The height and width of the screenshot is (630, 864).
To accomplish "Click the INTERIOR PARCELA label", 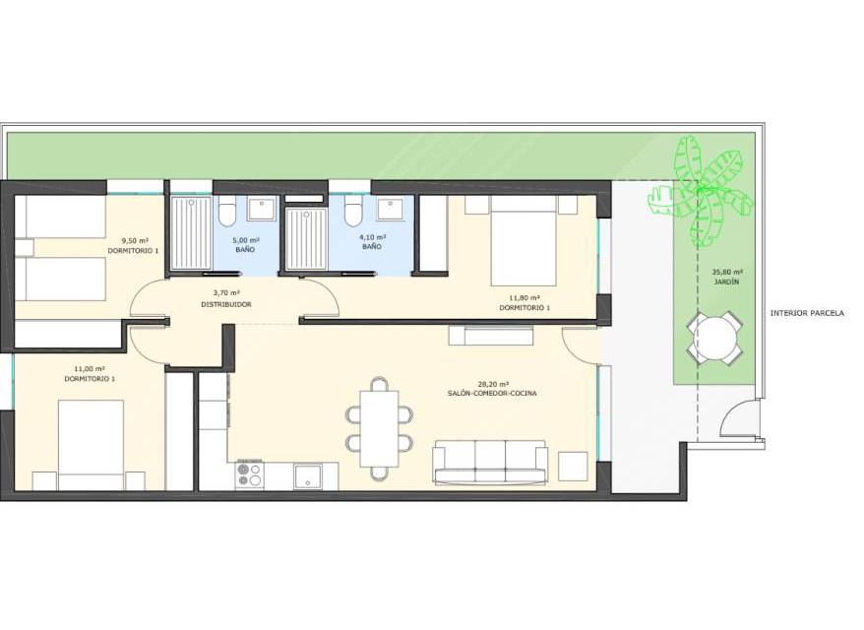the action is pos(807,313).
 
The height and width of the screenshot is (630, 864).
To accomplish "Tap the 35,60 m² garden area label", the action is pos(727,272).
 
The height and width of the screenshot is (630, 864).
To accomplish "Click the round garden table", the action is pos(713,338).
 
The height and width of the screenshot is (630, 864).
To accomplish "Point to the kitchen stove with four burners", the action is pos(250,475).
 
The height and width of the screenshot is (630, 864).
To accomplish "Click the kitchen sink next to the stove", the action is pos(309,476).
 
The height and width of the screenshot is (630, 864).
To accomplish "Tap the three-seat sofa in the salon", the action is pos(490,463).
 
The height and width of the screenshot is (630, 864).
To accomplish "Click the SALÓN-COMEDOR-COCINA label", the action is pos(492,394).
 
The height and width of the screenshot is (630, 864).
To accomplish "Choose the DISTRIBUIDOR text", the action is pos(226,304).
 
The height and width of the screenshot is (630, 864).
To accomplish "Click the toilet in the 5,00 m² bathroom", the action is pos(227,211).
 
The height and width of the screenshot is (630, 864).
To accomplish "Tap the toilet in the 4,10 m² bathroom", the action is pos(353,211).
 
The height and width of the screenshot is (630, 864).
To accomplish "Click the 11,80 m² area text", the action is pos(525,298).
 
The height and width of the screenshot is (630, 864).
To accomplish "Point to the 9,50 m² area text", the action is pos(135,240).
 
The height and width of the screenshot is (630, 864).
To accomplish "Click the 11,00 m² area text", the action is pos(90,369).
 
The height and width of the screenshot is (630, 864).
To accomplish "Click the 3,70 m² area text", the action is pos(226,293).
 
